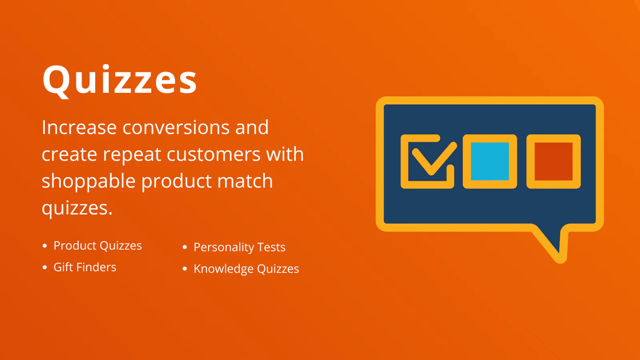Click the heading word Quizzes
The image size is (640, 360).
point(120,81)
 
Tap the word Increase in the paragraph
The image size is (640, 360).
point(79,127)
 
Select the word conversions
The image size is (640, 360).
point(176,128)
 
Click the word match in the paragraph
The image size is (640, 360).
point(245,181)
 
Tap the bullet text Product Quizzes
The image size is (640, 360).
point(98,246)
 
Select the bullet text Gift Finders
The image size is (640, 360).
point(85,267)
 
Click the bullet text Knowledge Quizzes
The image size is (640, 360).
point(246,269)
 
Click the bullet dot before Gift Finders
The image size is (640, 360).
point(44,268)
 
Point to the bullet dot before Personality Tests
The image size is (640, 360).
point(185,247)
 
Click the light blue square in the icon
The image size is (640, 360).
point(490,162)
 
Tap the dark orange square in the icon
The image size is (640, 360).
point(554,162)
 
